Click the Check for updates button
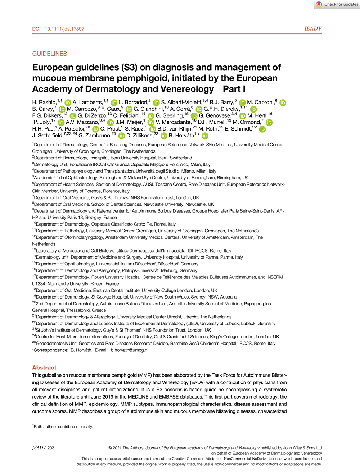click(337, 4)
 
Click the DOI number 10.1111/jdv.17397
click(64, 29)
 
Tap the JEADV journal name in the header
click(313, 29)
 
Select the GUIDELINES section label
click(50, 54)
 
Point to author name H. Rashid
click(44, 103)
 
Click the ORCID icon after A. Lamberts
click(114, 103)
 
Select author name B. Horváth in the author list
click(181, 136)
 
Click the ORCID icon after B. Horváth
click(205, 136)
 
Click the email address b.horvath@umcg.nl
click(129, 350)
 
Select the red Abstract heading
click(44, 368)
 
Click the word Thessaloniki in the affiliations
click(78, 310)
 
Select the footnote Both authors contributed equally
click(63, 427)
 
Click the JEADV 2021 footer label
click(44, 448)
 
